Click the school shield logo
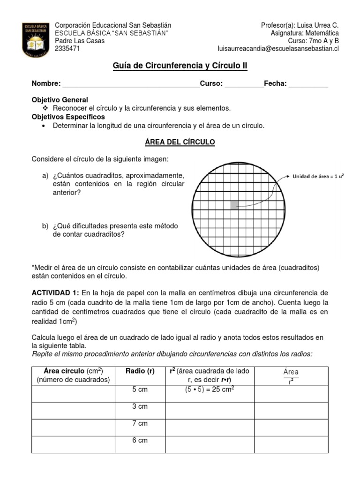pos(35,38)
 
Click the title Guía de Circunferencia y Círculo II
pos(180,66)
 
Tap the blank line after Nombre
pos(131,84)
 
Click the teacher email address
pos(278,48)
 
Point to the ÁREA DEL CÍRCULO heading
pos(180,142)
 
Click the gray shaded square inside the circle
pos(234,204)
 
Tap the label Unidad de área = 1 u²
pos(317,176)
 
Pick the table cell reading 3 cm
pos(140,406)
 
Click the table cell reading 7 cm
pos(140,423)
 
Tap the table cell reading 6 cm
pos(140,440)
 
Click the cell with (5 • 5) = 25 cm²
pos(210,390)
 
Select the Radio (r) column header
pos(140,372)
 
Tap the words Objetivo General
pos(60,100)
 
